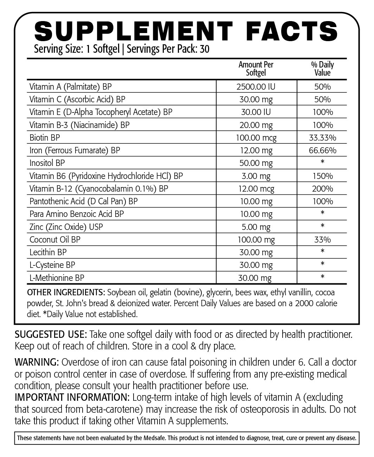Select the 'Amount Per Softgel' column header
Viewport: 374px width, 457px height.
point(256,69)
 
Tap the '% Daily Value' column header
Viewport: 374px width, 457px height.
point(322,69)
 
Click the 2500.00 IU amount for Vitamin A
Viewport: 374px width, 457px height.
point(256,86)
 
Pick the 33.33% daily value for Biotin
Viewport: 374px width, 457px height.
point(322,137)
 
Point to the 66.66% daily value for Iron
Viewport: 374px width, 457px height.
point(322,150)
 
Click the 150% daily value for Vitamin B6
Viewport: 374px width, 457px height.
point(322,176)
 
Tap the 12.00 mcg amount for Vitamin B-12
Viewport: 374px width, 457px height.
point(256,189)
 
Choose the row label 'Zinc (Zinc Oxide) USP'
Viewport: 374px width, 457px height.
point(66,227)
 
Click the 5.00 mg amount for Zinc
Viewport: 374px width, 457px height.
point(256,227)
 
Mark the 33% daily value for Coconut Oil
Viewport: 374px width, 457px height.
point(322,240)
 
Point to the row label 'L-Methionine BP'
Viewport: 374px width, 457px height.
point(57,278)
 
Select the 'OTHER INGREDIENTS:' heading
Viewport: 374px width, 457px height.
point(66,292)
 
